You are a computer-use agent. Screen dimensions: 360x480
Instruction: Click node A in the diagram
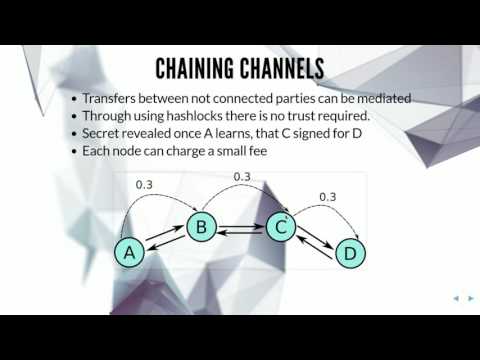pyautogui.click(x=128, y=253)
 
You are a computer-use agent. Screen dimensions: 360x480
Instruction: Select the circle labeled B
pyautogui.click(x=201, y=228)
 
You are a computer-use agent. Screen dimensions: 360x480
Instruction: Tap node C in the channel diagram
pyautogui.click(x=282, y=228)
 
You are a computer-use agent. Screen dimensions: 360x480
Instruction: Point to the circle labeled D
pyautogui.click(x=349, y=253)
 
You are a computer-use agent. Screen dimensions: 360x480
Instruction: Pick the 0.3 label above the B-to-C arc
pyautogui.click(x=242, y=177)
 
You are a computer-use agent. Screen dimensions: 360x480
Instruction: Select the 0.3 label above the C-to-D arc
pyautogui.click(x=327, y=196)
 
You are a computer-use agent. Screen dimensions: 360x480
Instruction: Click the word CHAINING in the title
pyautogui.click(x=196, y=69)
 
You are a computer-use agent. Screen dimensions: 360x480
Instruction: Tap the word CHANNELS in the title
pyautogui.click(x=283, y=69)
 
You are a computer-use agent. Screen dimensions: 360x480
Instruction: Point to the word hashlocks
pyautogui.click(x=186, y=115)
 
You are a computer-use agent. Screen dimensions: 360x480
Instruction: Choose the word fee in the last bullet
pyautogui.click(x=260, y=150)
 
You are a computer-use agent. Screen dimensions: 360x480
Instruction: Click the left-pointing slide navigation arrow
pyautogui.click(x=456, y=298)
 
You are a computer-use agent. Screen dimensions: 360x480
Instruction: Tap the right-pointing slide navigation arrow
pyautogui.click(x=469, y=298)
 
